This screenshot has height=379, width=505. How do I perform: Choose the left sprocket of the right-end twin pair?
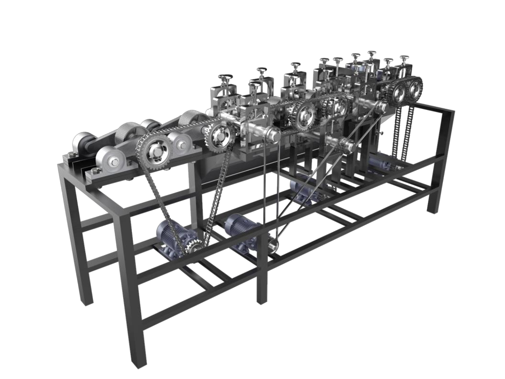(396, 92)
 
